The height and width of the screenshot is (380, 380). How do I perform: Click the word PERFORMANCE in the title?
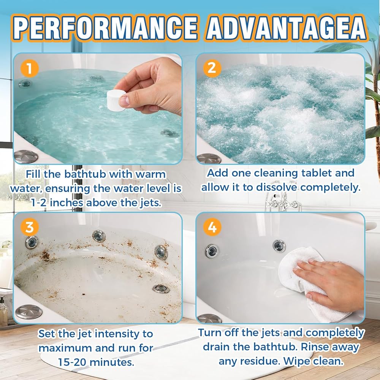click(x=105, y=28)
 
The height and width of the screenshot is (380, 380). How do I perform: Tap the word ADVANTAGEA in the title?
click(x=287, y=28)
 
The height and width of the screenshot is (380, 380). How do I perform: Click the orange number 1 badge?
click(x=30, y=68)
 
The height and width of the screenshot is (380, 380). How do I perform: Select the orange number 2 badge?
click(x=212, y=68)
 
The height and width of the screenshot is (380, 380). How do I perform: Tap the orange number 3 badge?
click(x=30, y=227)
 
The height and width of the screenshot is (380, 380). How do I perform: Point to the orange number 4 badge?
click(x=212, y=227)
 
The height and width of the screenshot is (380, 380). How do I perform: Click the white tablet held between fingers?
click(x=116, y=100)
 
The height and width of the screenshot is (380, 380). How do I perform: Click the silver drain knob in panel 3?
click(x=28, y=312)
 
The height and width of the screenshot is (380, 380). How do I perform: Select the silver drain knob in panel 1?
click(x=26, y=157)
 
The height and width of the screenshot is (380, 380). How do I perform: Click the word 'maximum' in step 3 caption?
click(x=65, y=348)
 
